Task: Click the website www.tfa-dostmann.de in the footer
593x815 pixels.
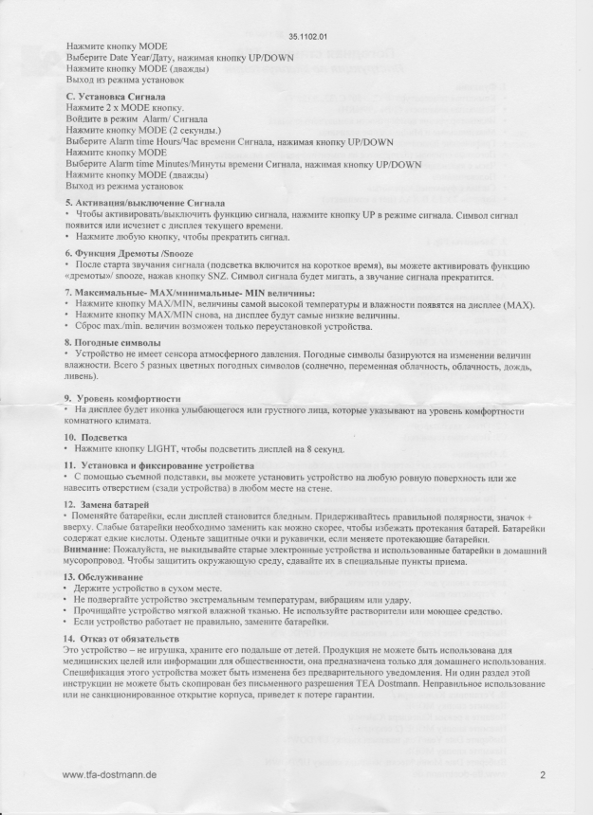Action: pyautogui.click(x=109, y=774)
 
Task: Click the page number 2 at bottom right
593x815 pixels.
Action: pyautogui.click(x=543, y=774)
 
